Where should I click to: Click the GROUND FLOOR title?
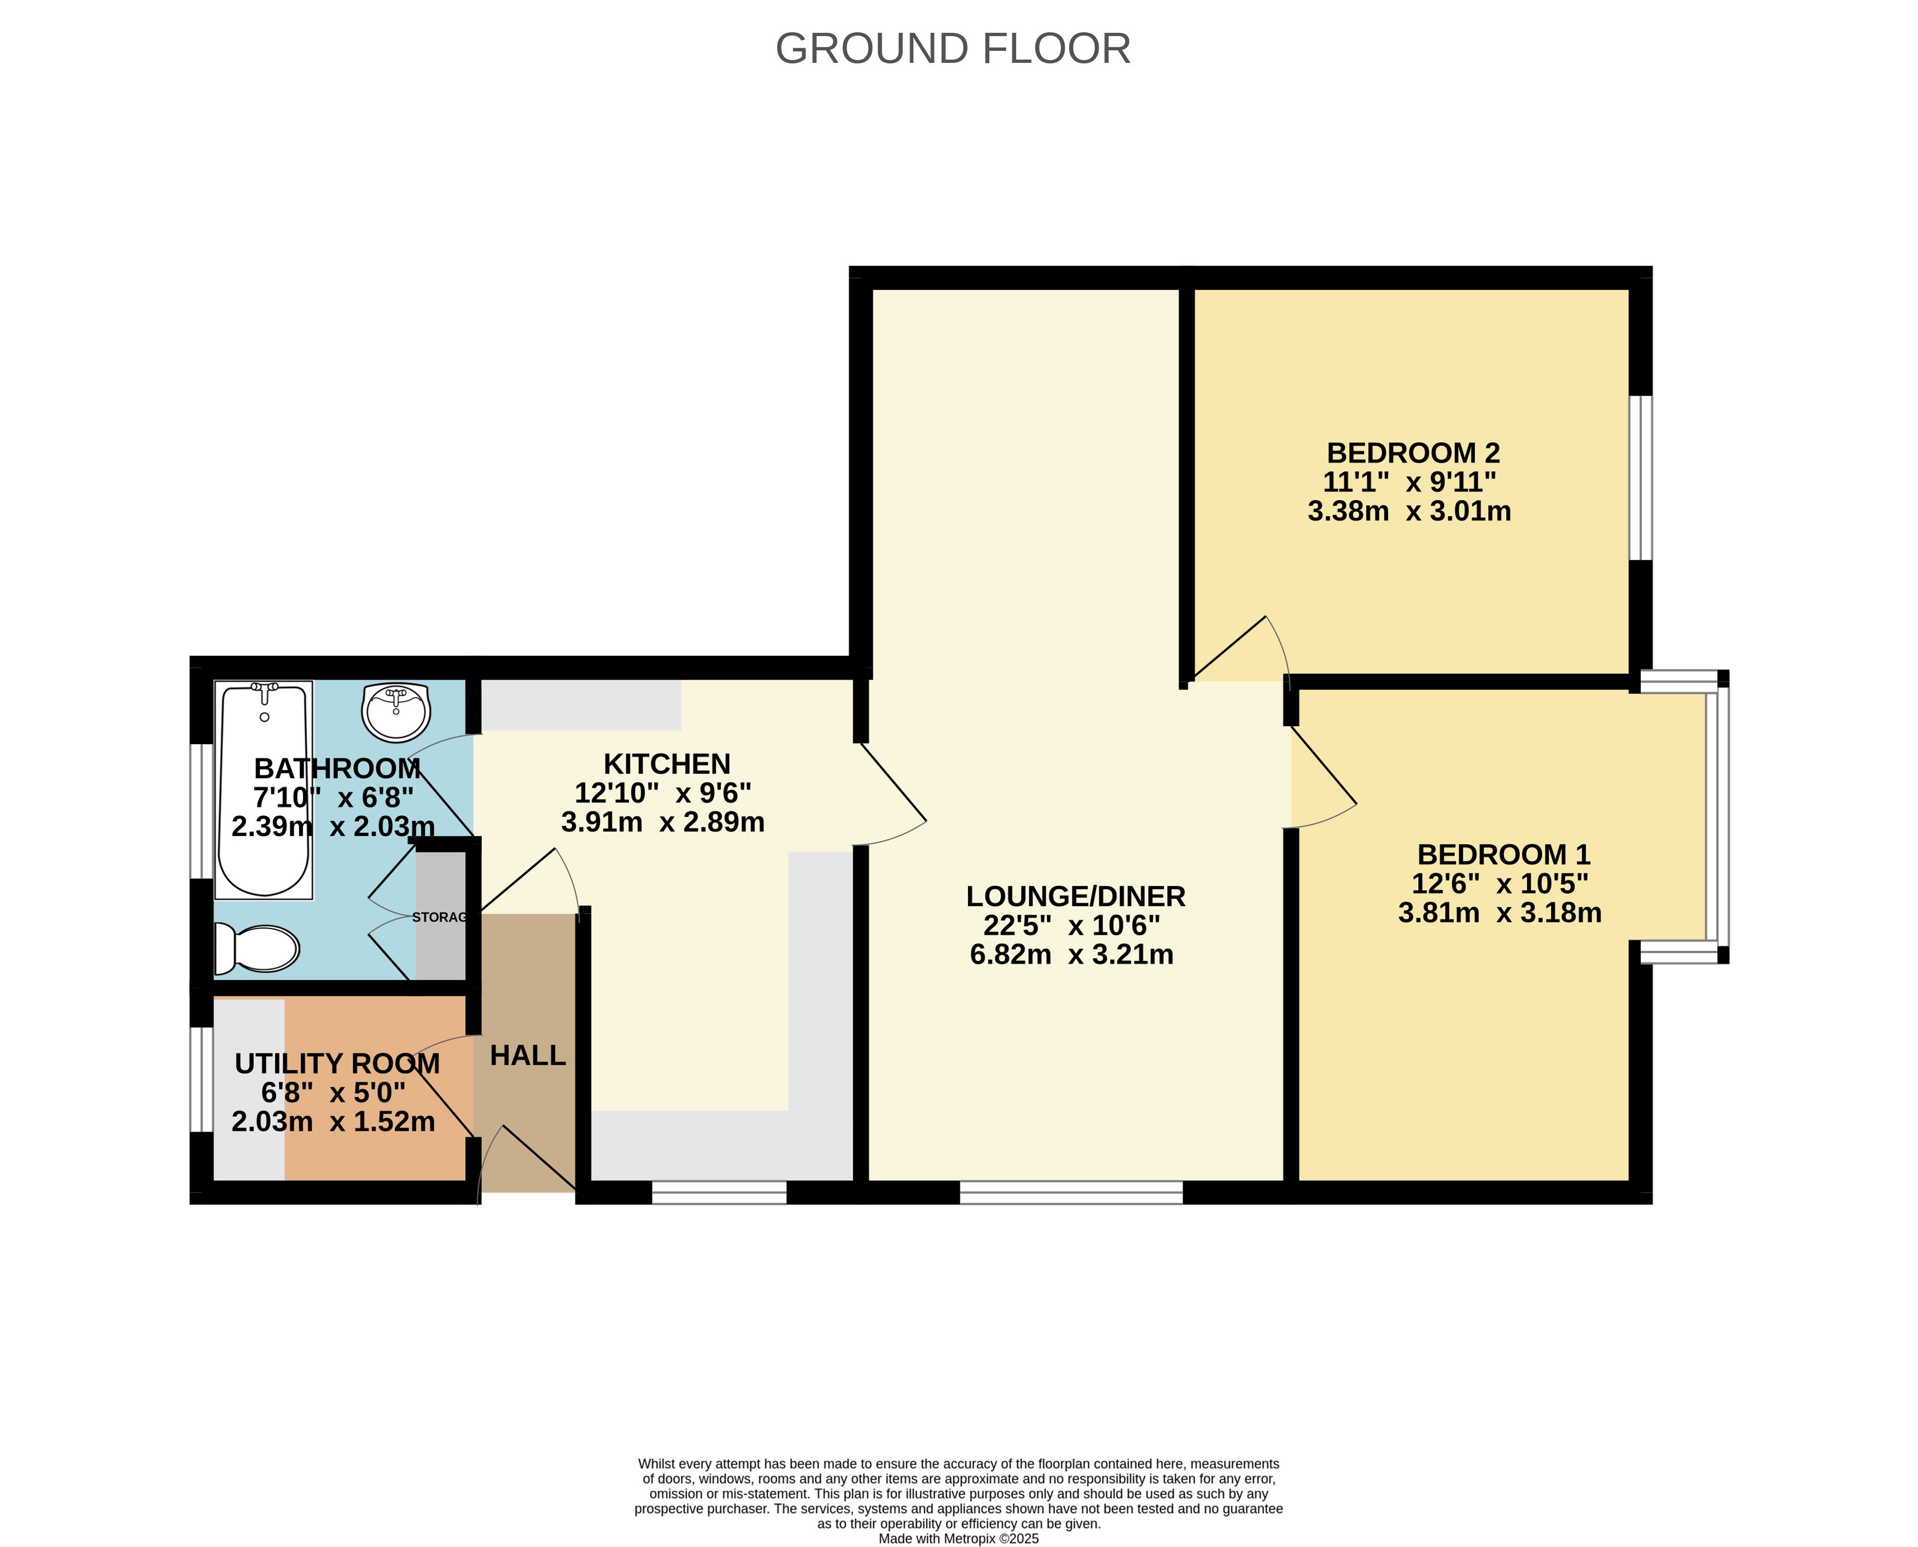pos(953,49)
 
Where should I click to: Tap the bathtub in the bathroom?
pos(264,790)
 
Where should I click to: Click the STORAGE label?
pos(439,917)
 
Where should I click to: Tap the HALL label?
pos(528,1056)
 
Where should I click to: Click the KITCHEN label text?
pos(667,764)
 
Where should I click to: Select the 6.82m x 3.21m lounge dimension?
pos(1071,954)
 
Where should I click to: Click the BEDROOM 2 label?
pos(1414,453)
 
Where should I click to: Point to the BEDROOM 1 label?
pos(1503,855)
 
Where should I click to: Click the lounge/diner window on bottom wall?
pos(1071,1192)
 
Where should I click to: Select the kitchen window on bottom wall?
pos(719,1192)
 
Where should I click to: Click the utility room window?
pos(201,1080)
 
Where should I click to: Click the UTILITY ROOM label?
pos(337,1064)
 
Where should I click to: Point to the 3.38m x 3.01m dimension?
pos(1409,511)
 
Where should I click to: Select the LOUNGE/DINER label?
pos(1076,896)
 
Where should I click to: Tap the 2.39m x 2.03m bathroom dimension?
pos(333,827)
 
